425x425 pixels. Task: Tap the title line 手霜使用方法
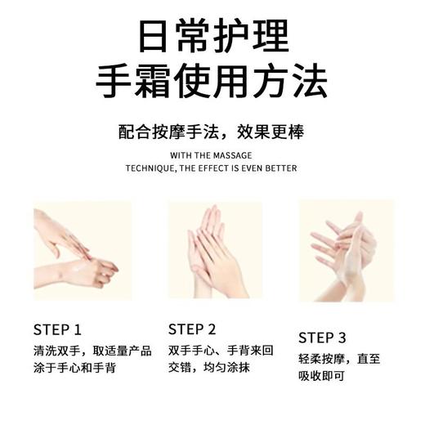point(212,82)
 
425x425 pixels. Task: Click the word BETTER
point(281,168)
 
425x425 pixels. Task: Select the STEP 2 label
point(192,329)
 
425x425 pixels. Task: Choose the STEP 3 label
point(323,338)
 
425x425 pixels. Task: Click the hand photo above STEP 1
point(82,249)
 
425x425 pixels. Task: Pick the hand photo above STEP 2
point(215,250)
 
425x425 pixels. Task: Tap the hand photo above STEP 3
point(346,250)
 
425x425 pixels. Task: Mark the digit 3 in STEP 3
point(342,338)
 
